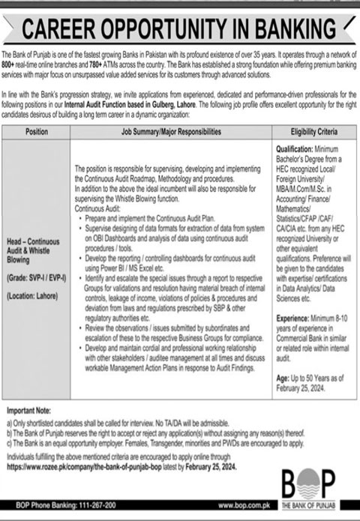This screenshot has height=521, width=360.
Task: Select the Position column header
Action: pyautogui.click(x=37, y=131)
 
